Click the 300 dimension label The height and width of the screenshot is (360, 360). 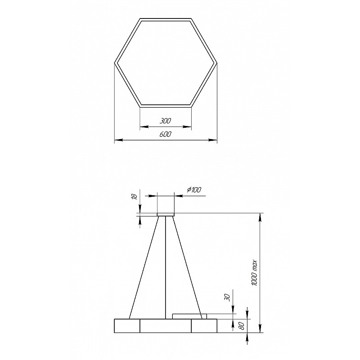coord(166,121)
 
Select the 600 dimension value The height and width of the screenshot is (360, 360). coord(166,134)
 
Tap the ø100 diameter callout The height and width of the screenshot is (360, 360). coord(194,190)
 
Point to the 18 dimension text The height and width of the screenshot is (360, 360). coord(135,196)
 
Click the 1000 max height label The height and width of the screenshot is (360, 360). coord(255,273)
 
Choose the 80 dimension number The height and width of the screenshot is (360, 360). coord(242,326)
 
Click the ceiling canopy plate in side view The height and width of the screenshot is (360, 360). coord(166,215)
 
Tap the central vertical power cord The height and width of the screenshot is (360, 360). coord(166,267)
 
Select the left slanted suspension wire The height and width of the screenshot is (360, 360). coord(144,267)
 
